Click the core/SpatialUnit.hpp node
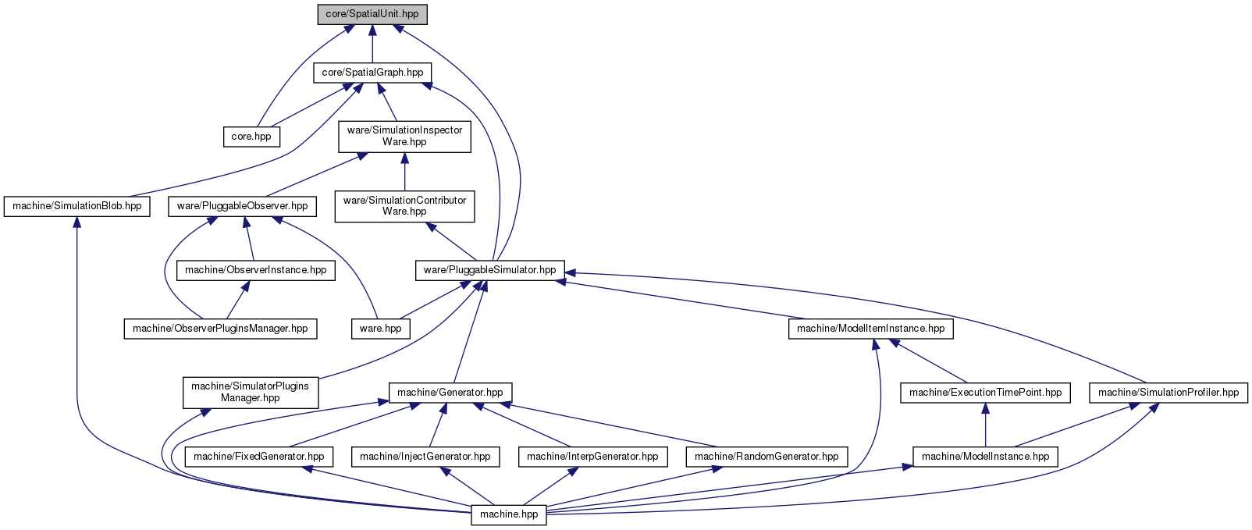click(372, 14)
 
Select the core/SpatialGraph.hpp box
click(372, 73)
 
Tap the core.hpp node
click(251, 137)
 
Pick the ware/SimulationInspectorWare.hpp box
click(404, 136)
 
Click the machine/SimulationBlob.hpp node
click(77, 206)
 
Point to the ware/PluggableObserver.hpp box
click(243, 206)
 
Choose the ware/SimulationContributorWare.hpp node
click(404, 206)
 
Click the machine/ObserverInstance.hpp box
click(256, 271)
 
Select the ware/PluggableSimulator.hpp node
click(490, 271)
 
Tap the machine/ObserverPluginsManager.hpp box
click(220, 329)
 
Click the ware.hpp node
click(381, 329)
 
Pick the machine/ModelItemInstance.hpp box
click(871, 329)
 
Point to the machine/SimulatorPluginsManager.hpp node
click(251, 393)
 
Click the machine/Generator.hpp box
click(450, 393)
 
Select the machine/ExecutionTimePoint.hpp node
click(985, 393)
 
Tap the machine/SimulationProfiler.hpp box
click(1168, 393)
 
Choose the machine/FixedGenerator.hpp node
click(259, 457)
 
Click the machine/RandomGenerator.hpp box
click(766, 457)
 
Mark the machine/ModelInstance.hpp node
click(985, 457)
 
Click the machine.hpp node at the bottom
click(509, 515)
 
